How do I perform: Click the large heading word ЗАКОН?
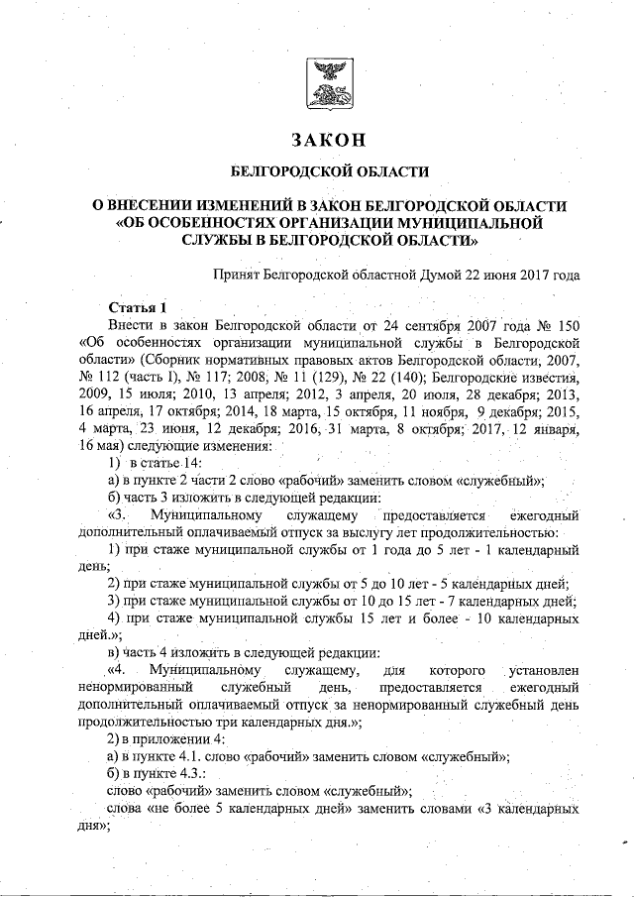[329, 138]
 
